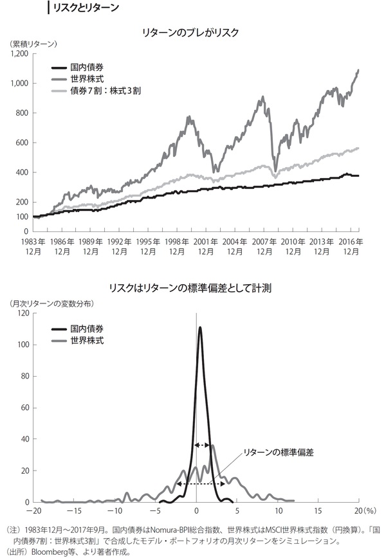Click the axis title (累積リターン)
33,44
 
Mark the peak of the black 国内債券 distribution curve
200,328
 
